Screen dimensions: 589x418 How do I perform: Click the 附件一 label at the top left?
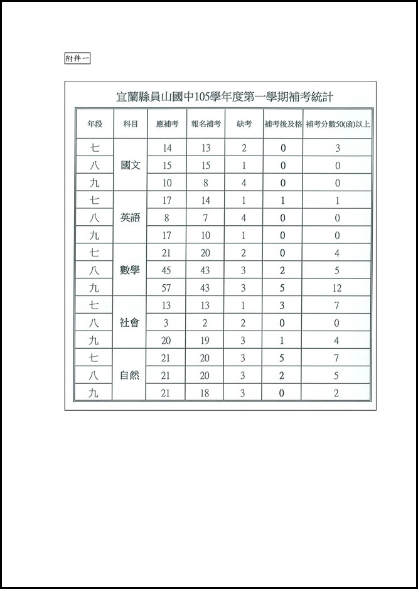click(78, 58)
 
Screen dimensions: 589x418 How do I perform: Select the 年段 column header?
click(95, 124)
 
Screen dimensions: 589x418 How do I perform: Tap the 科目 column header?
click(131, 124)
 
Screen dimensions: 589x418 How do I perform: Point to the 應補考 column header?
click(167, 124)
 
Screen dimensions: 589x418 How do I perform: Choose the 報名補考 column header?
click(206, 124)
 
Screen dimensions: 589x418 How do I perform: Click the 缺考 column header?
click(244, 124)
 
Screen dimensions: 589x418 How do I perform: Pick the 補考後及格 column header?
click(282, 124)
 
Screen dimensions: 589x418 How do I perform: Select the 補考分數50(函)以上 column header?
click(338, 124)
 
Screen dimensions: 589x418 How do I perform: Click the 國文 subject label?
click(131, 166)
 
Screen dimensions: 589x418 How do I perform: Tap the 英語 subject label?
click(131, 218)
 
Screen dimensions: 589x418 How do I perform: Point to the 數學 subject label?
click(131, 271)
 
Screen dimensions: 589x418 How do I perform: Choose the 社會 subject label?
click(131, 323)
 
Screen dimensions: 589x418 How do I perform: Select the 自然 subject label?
click(131, 376)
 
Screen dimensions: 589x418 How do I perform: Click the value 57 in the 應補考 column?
click(167, 289)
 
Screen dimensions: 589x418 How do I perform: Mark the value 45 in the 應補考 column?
click(167, 271)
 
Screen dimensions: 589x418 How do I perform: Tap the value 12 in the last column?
click(338, 289)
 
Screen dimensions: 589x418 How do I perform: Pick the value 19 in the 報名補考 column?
click(206, 341)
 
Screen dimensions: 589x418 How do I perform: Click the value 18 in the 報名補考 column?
click(206, 393)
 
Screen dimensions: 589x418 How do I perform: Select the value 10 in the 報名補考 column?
click(206, 236)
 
